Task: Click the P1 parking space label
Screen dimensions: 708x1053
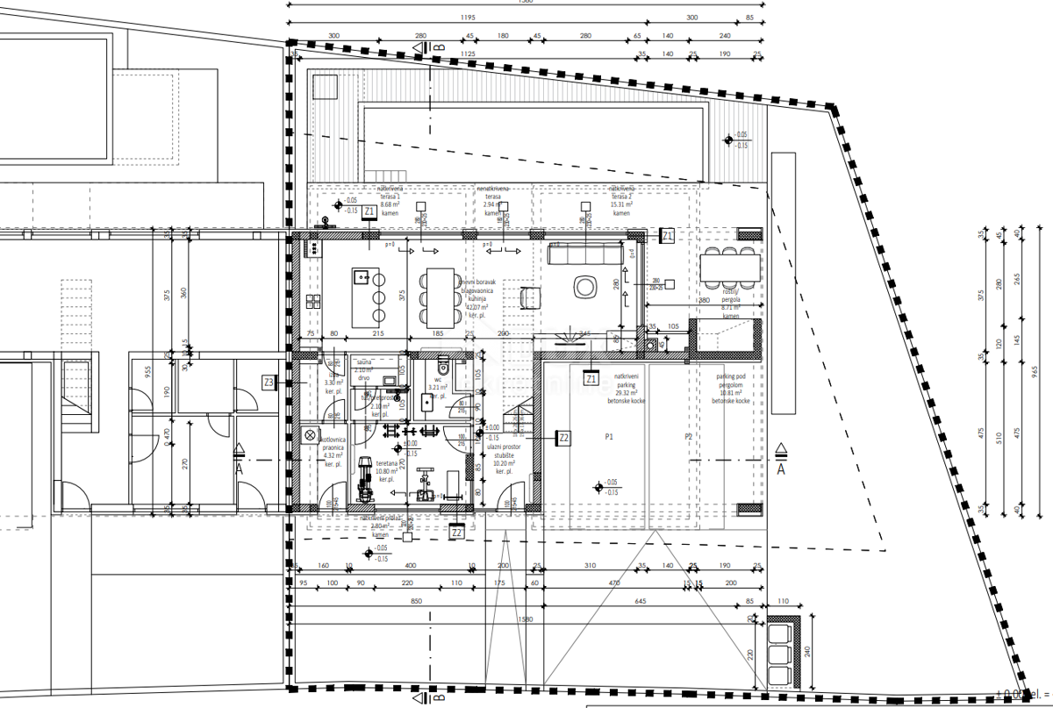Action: coord(608,436)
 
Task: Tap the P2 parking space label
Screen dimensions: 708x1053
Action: coord(689,436)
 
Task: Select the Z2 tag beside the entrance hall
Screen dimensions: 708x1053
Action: coord(564,436)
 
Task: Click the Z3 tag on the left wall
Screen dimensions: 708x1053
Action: coord(269,382)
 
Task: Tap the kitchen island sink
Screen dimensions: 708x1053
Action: coord(362,277)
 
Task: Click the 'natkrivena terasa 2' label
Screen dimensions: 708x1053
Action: coord(621,200)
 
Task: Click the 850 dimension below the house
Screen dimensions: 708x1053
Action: coord(415,601)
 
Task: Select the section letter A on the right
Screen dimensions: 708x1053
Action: coord(781,469)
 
